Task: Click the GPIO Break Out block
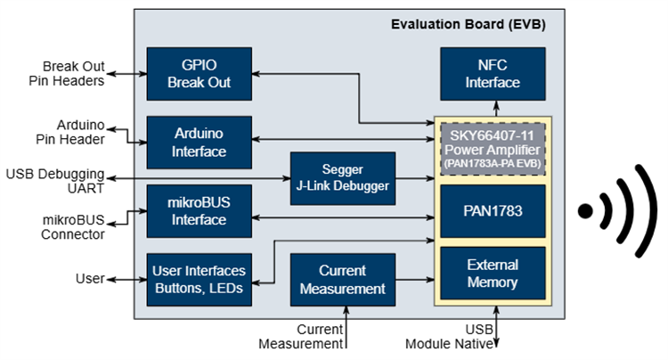(199, 74)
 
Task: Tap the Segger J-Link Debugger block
(343, 177)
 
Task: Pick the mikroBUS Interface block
(199, 211)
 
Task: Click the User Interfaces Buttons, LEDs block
(199, 279)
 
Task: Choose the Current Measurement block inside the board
(343, 279)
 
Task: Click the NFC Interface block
(493, 74)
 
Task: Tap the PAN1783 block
(493, 211)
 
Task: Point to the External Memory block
(493, 274)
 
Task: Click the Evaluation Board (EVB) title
(468, 23)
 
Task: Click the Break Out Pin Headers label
(73, 74)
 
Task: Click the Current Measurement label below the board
(300, 337)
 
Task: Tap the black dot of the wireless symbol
(585, 211)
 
